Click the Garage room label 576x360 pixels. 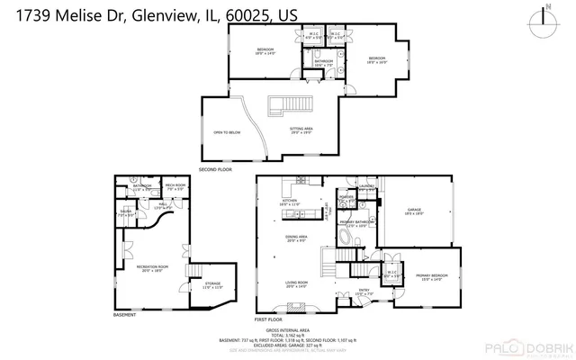414,211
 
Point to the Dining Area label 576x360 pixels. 296,238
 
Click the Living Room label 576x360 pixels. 296,284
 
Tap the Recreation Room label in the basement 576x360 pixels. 151,267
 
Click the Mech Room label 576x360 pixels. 175,187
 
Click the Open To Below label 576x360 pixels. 225,132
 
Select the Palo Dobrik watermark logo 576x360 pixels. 524,348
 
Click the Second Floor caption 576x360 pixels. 215,168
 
